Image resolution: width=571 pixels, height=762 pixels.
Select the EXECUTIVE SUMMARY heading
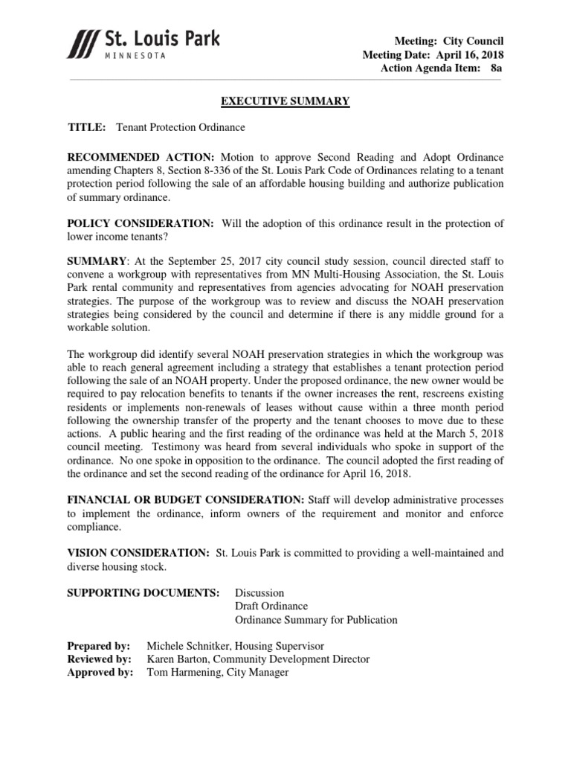point(285,101)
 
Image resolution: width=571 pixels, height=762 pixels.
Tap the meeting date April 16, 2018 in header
point(476,54)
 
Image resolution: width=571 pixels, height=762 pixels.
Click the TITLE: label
point(87,127)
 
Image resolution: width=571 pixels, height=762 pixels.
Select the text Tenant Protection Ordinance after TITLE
point(181,127)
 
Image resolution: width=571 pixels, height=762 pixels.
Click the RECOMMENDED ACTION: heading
point(141,158)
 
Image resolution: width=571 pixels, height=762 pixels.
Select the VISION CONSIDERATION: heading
point(138,553)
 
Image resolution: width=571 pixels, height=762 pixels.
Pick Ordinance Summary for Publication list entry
point(316,620)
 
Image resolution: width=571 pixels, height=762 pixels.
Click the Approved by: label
point(100,673)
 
